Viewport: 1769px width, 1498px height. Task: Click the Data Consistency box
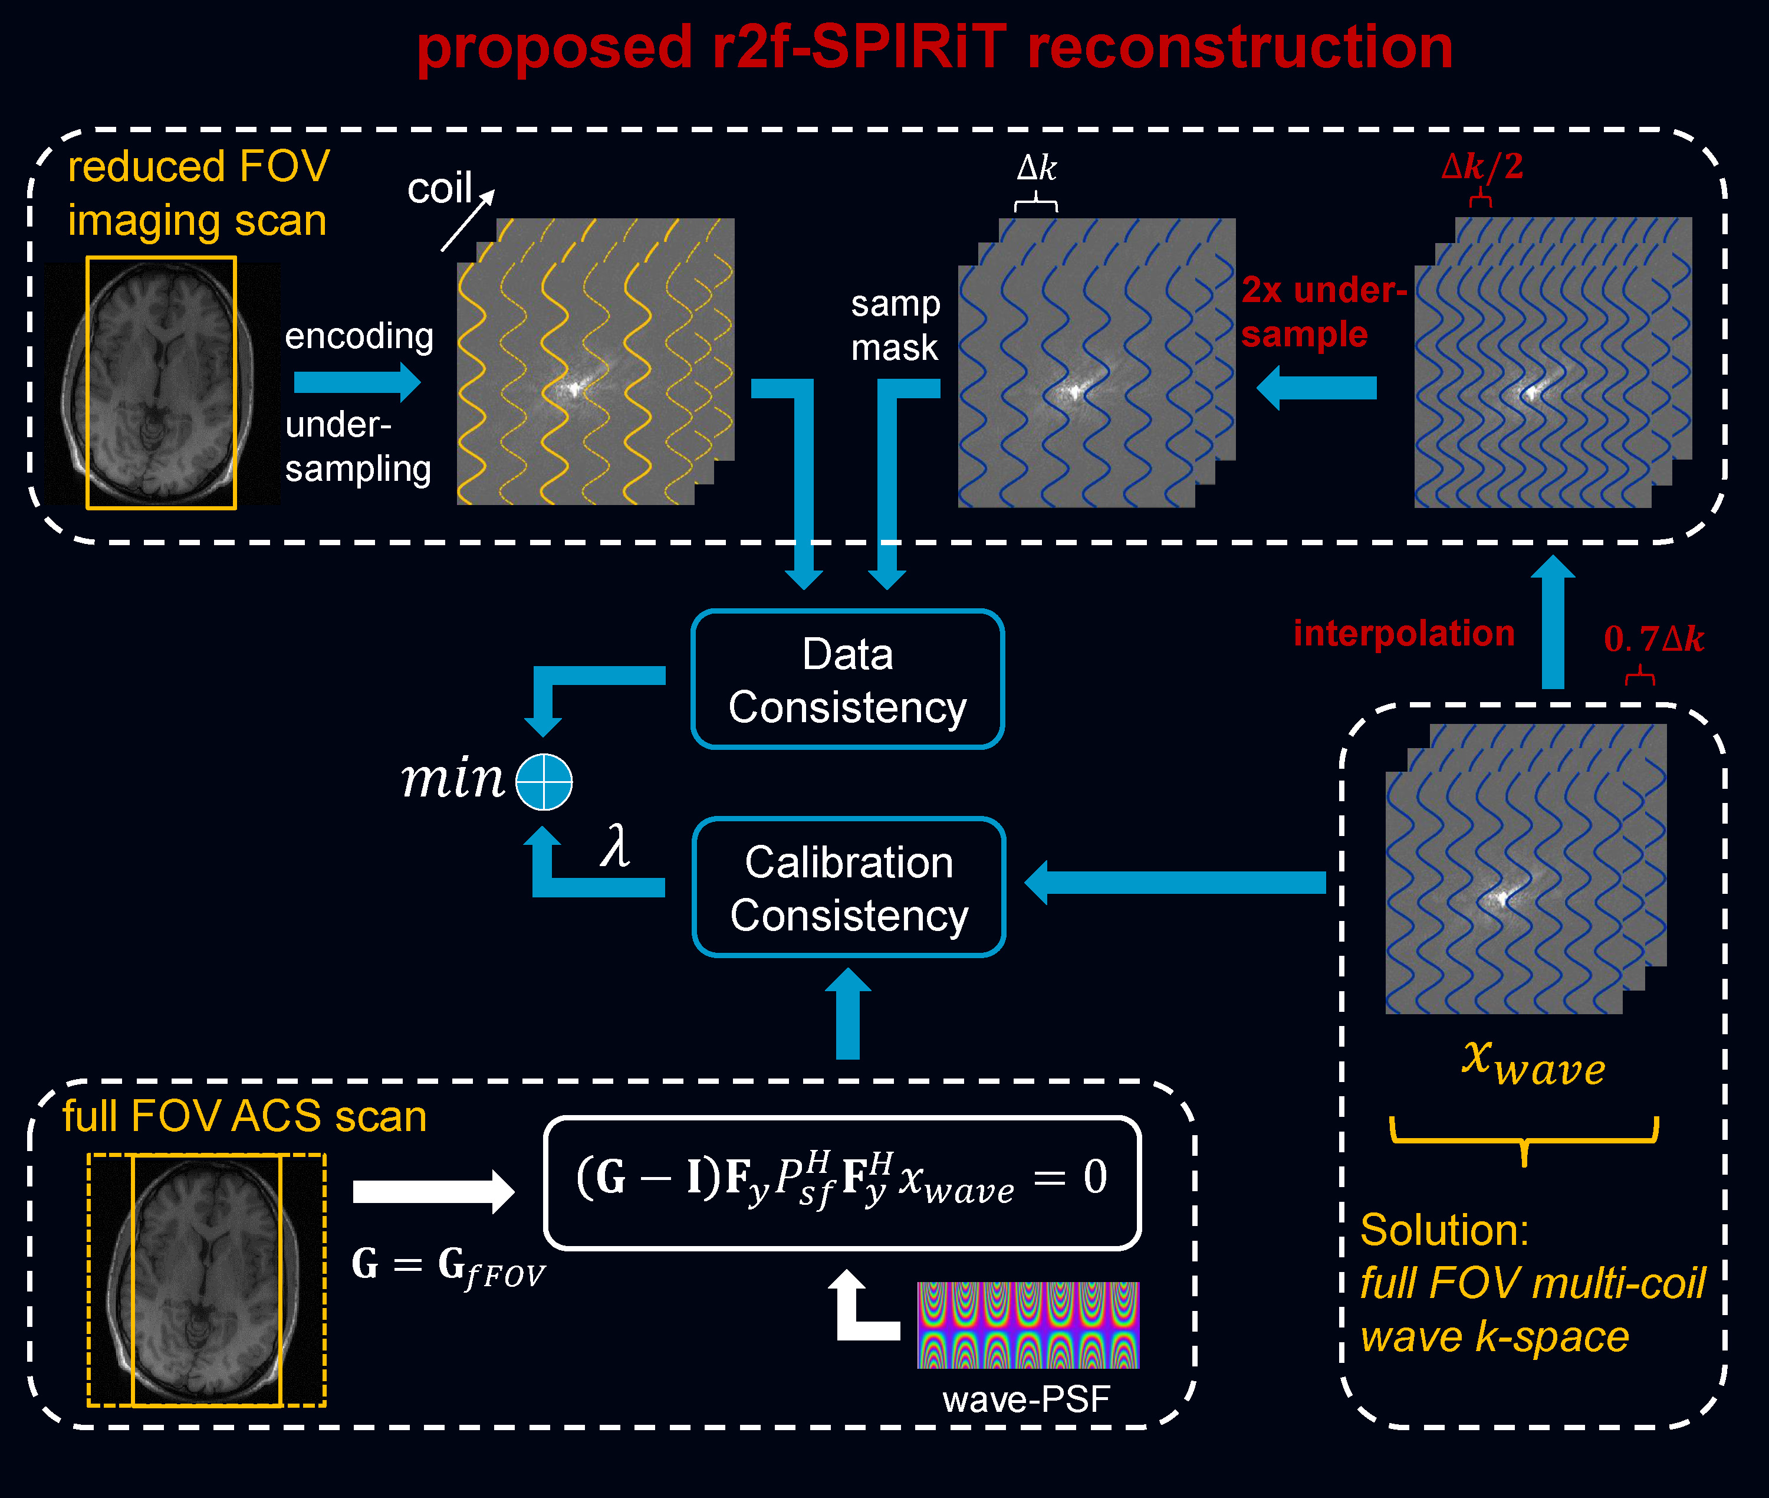(x=847, y=679)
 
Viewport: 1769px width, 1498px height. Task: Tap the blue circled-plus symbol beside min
(x=544, y=781)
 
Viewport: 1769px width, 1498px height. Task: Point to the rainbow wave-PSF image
(x=1028, y=1325)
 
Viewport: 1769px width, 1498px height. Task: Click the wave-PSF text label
(x=1026, y=1399)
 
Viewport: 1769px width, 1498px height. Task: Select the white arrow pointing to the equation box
(x=433, y=1191)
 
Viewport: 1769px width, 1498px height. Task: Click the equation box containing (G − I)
(x=842, y=1182)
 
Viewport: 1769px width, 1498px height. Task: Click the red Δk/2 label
(x=1482, y=166)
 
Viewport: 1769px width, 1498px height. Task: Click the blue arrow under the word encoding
(x=357, y=382)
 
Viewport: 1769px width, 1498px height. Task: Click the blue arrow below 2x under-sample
(x=1317, y=388)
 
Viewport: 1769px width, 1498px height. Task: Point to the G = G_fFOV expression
(x=448, y=1266)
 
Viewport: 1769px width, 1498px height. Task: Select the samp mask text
(x=896, y=325)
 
